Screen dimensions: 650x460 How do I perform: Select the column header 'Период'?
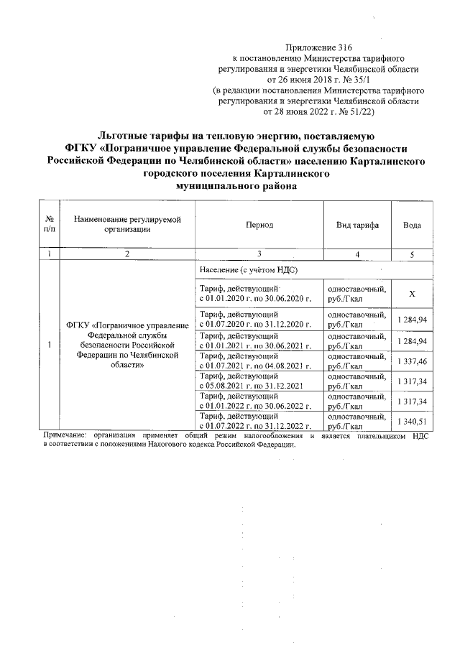click(x=259, y=225)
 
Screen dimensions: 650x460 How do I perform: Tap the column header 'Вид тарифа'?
click(x=356, y=225)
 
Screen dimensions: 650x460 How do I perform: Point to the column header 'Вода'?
click(x=412, y=225)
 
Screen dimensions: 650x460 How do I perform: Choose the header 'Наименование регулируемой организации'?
click(x=126, y=224)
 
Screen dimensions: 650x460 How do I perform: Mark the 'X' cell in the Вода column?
click(x=412, y=294)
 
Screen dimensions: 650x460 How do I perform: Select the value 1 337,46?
click(x=412, y=361)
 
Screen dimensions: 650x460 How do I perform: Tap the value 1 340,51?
click(x=412, y=422)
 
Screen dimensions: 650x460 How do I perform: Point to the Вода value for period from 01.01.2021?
click(x=412, y=340)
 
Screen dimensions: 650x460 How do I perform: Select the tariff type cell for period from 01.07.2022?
click(x=356, y=422)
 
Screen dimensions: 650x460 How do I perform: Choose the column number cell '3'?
click(x=258, y=254)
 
